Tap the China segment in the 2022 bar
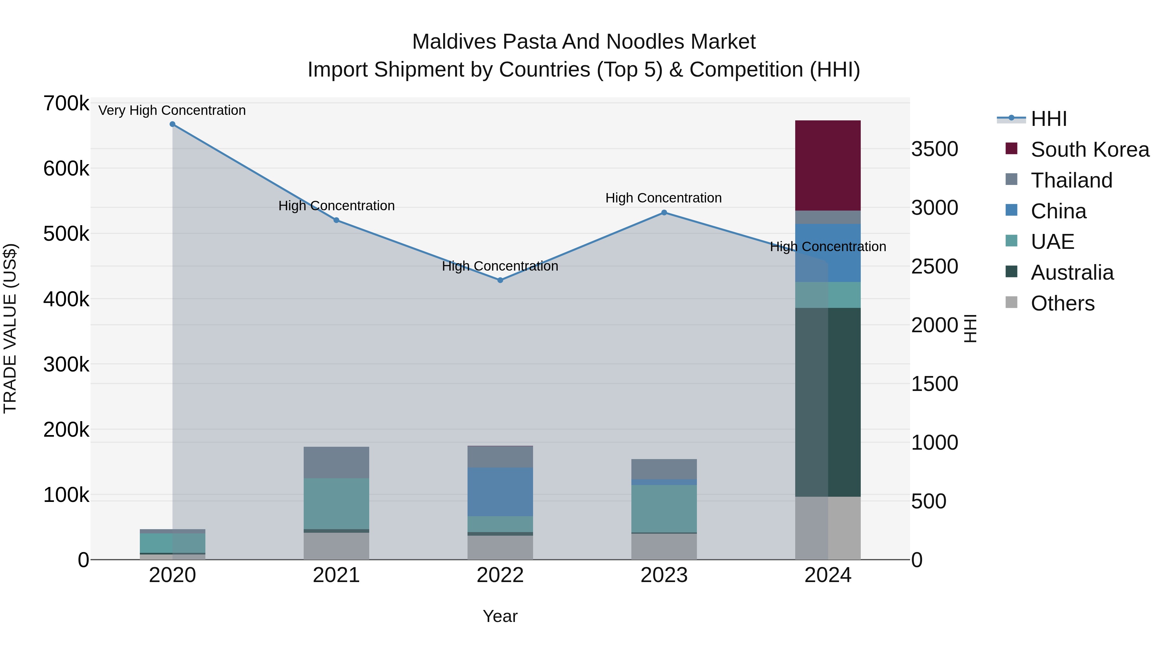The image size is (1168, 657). point(500,492)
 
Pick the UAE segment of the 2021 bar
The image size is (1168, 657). point(336,503)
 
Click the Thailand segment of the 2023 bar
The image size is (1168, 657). point(664,469)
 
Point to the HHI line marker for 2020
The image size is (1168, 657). point(172,124)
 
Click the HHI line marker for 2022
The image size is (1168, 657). point(500,280)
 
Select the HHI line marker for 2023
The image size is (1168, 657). point(664,213)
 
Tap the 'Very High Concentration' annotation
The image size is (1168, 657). point(172,111)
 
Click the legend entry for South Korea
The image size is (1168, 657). point(1089,150)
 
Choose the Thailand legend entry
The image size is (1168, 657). point(1071,180)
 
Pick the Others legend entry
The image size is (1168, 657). point(1062,303)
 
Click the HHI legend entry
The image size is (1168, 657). point(1048,119)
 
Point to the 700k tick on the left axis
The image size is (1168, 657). point(66,104)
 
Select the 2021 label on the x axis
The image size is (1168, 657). point(336,575)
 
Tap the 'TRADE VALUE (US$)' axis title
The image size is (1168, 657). point(10,328)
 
